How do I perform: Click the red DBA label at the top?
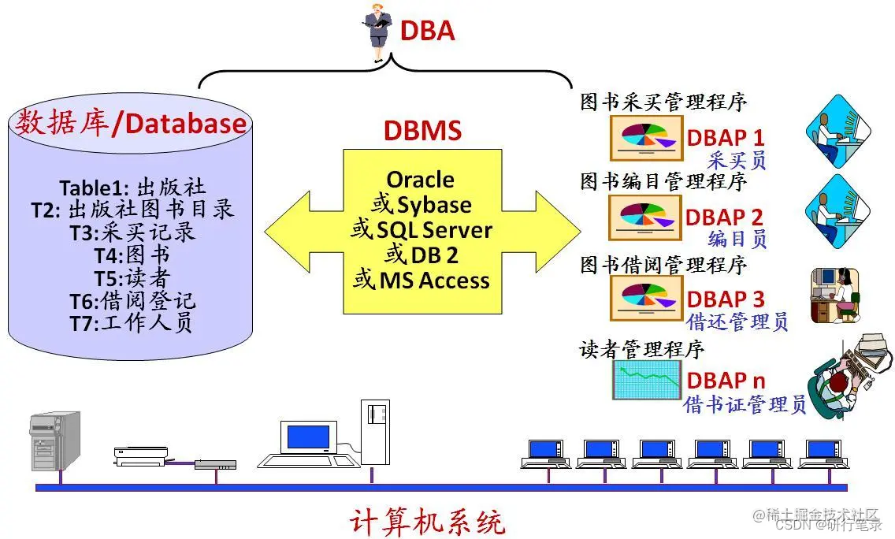coord(428,31)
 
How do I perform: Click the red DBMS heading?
coord(422,130)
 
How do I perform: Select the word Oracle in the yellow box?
coord(420,180)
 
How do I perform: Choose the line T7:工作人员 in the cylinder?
coord(132,323)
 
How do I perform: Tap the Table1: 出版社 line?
coord(132,188)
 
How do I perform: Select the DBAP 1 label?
coord(725,137)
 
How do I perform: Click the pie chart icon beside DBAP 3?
coord(646,299)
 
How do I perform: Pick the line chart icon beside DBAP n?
coord(646,380)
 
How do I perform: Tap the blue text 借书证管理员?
coord(745,405)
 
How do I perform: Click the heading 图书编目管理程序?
coord(663,183)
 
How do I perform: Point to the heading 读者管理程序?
coord(642,348)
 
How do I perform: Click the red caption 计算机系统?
coord(426,521)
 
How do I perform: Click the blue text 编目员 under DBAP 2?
coord(737,240)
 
